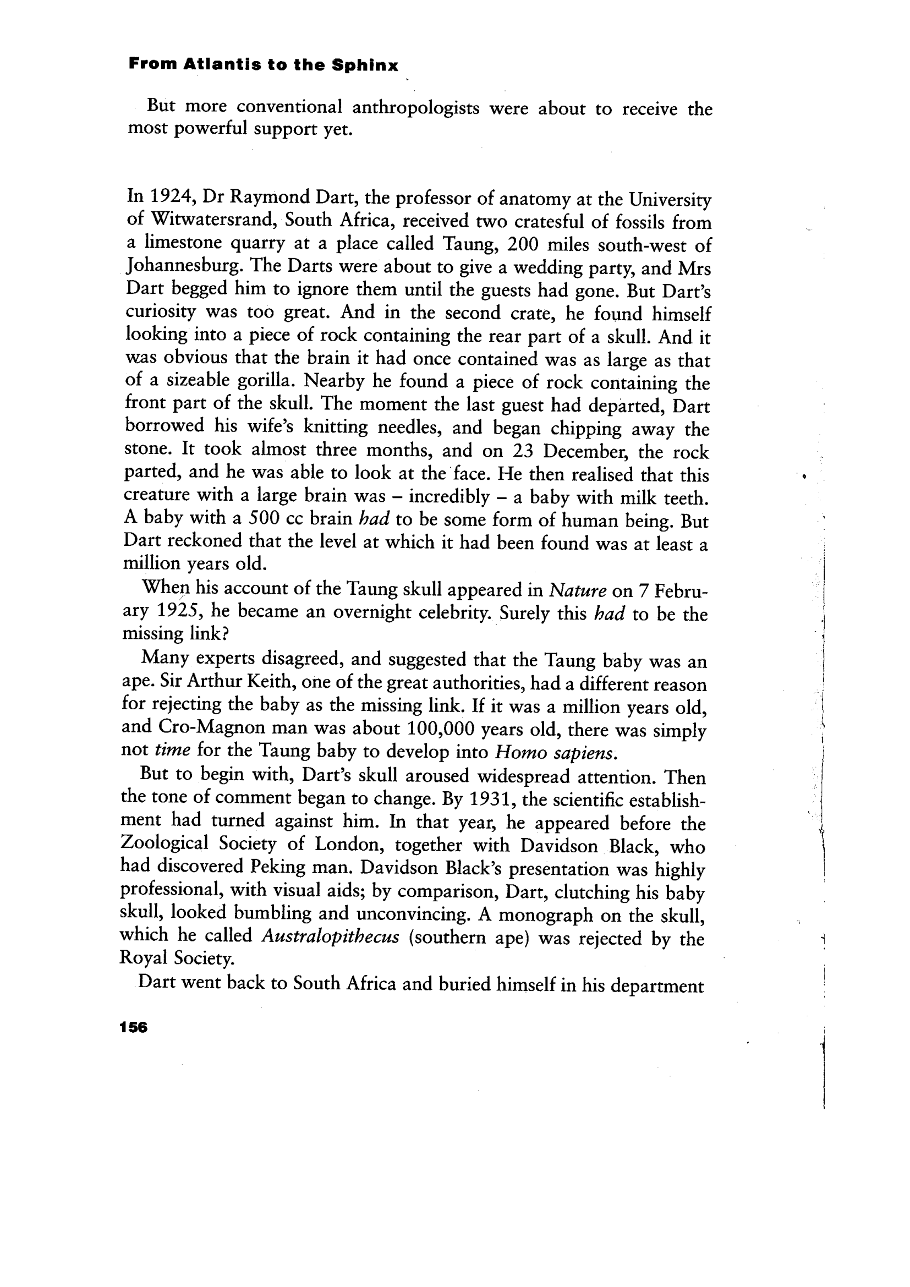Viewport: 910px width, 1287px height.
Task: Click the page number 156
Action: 133,1027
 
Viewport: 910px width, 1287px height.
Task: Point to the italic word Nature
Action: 578,590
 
